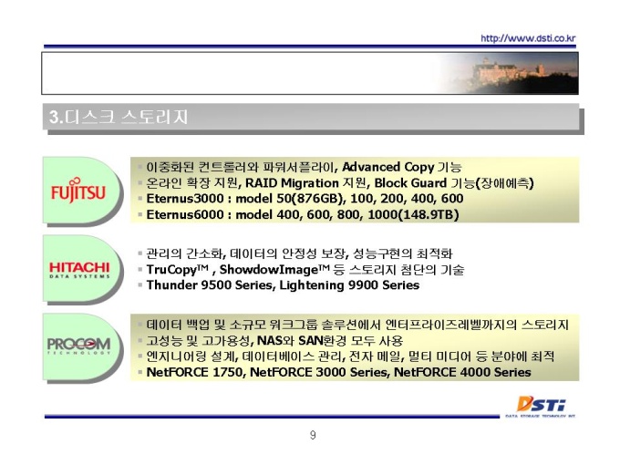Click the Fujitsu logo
pyautogui.click(x=78, y=191)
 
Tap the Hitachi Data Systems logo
pyautogui.click(x=79, y=270)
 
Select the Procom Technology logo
pyautogui.click(x=78, y=346)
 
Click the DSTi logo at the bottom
pyautogui.click(x=541, y=407)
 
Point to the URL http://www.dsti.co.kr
pyautogui.click(x=528, y=38)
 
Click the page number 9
pyautogui.click(x=313, y=435)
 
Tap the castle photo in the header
pyautogui.click(x=510, y=73)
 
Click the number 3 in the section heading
pyautogui.click(x=54, y=117)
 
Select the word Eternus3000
pyautogui.click(x=185, y=199)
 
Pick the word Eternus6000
pyautogui.click(x=185, y=214)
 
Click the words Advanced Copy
pyautogui.click(x=387, y=167)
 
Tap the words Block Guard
pyautogui.click(x=410, y=183)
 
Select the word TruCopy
pyautogui.click(x=172, y=270)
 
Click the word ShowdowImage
pyautogui.click(x=269, y=270)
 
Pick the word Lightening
pyautogui.click(x=312, y=285)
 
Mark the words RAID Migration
pyautogui.click(x=292, y=183)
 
